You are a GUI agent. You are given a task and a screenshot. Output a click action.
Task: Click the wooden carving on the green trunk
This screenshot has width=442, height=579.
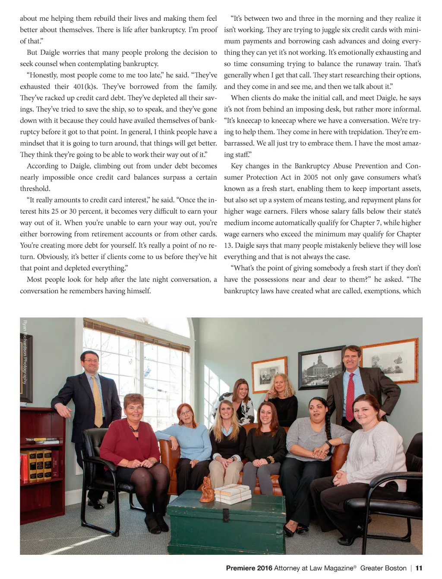tap(206, 490)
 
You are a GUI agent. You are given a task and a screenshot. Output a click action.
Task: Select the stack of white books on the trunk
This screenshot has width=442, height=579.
tap(233, 494)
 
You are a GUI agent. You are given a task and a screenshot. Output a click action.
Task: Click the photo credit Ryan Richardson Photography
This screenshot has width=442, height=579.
tap(25, 352)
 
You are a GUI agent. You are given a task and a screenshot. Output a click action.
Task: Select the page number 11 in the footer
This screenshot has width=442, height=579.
tap(418, 568)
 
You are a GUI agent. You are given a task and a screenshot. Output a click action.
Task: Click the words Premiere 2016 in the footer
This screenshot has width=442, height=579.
tap(249, 568)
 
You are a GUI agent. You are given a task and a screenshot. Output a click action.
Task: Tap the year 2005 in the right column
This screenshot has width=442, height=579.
tap(311, 177)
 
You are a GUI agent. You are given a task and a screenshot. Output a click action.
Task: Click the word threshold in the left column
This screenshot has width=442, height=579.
tap(35, 189)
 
